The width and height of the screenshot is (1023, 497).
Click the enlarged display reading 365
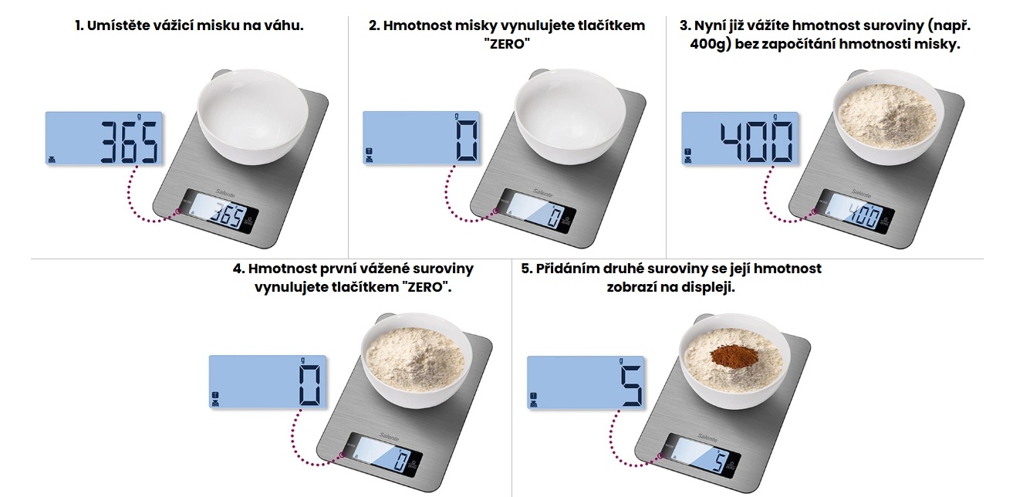tap(103, 138)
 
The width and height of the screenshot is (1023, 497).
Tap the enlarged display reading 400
tap(740, 138)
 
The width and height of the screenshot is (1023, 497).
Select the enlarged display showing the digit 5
tap(586, 383)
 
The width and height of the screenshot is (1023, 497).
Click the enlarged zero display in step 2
tap(421, 137)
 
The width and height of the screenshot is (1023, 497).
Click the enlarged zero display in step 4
tap(268, 382)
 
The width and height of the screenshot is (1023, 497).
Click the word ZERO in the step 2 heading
tap(507, 44)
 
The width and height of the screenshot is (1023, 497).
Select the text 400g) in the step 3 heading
tap(711, 45)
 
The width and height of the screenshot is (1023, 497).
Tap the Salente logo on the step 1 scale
tap(225, 194)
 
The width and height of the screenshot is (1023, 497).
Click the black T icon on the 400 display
tap(687, 152)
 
